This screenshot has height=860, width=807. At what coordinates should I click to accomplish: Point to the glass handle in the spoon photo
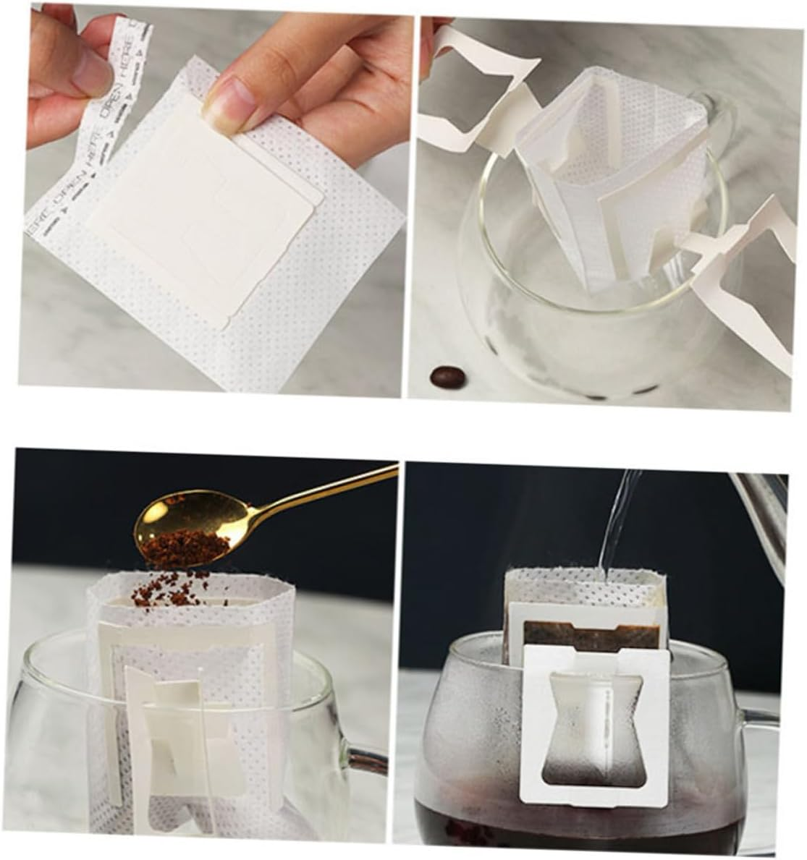click(x=362, y=767)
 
